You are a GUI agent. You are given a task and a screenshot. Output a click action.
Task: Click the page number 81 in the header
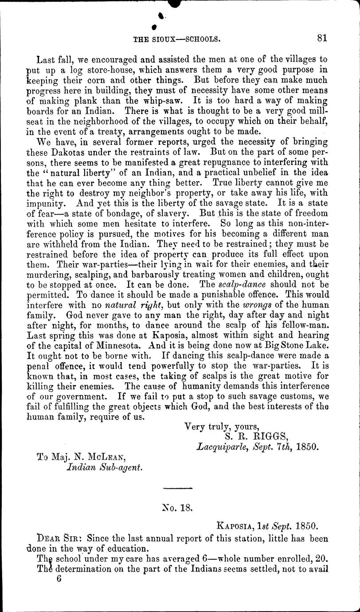click(322, 39)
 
